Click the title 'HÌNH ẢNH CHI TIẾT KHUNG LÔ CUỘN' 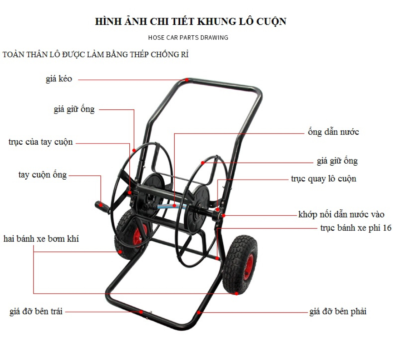click(190, 21)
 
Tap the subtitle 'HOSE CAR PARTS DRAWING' click(188, 37)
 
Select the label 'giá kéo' click(59, 79)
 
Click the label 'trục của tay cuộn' click(41, 142)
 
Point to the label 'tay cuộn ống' click(43, 175)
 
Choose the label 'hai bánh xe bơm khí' click(41, 239)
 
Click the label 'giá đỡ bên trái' click(36, 311)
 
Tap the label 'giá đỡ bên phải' click(338, 311)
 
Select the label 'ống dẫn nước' click(333, 132)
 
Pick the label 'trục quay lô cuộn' click(323, 179)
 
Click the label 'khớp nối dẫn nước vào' click(341, 215)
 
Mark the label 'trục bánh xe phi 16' click(355, 228)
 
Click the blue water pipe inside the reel click(171, 206)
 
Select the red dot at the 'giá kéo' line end click(186, 80)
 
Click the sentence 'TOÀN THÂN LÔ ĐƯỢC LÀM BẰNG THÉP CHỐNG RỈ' click(95, 55)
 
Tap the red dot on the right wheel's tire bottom click(237, 293)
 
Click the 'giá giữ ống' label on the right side click(337, 161)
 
